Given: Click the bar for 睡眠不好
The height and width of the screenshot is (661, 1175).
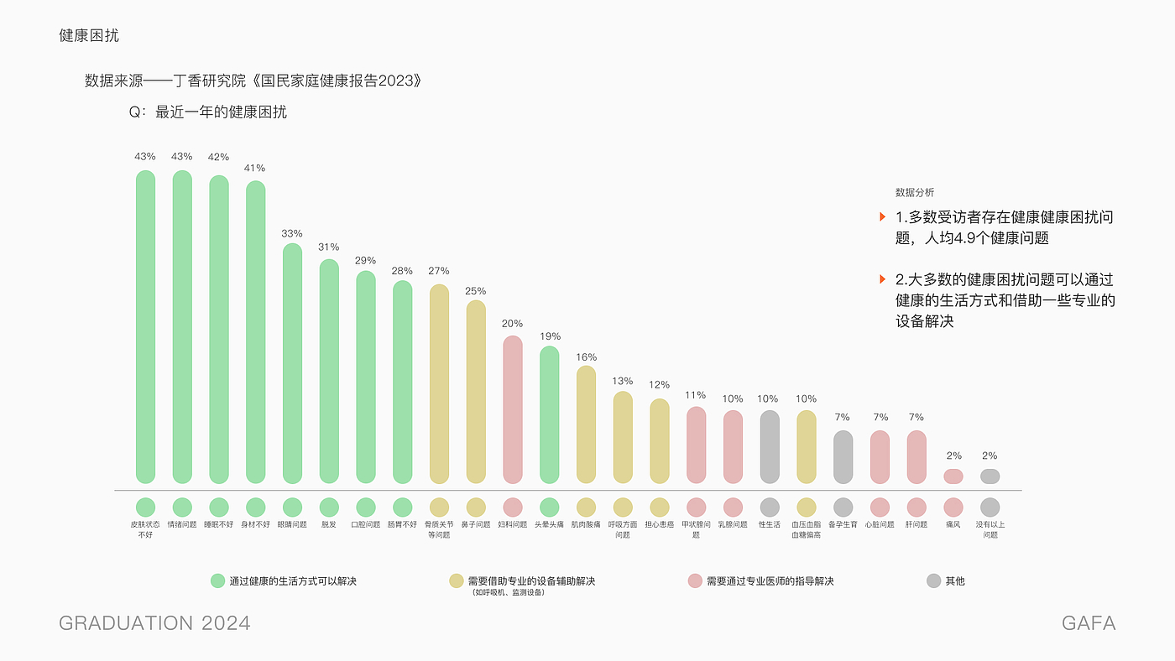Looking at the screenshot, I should [218, 329].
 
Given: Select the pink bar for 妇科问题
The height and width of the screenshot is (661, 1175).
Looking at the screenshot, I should [513, 409].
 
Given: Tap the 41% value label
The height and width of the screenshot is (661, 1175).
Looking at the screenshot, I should [255, 168].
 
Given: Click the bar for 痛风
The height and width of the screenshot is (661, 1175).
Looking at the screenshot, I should [953, 476].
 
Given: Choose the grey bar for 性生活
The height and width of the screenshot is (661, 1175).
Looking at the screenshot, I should [770, 446].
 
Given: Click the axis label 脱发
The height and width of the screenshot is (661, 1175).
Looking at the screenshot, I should [329, 524].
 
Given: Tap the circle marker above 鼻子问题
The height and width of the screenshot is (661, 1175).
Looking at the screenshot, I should [476, 507].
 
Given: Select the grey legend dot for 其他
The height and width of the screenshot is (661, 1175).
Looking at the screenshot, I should [933, 580].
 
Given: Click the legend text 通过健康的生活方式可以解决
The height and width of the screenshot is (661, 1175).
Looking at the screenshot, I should [293, 580].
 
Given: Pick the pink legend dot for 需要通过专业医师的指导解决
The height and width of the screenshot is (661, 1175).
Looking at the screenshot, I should [694, 580].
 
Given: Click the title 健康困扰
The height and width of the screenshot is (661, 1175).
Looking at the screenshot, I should [89, 35].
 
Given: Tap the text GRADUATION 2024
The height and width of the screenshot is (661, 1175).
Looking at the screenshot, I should [154, 623].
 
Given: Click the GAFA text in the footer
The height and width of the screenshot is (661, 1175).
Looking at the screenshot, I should [1089, 623].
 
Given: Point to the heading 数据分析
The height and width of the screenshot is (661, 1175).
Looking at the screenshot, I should [914, 192].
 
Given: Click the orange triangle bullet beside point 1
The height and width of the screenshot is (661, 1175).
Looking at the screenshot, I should [882, 217].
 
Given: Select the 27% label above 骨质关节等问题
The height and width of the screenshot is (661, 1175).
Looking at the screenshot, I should [439, 271].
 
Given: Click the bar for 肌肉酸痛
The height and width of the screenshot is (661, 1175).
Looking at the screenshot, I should [586, 424].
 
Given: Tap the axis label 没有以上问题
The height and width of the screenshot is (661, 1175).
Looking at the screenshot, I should [990, 529].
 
